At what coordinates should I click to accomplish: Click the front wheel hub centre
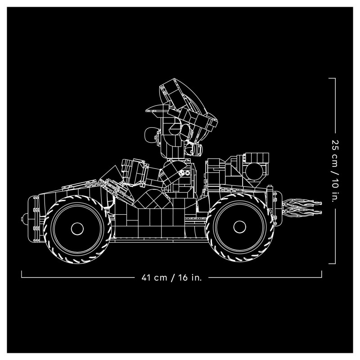[77, 229]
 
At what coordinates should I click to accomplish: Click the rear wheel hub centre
[240, 227]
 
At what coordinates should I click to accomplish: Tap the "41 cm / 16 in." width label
[171, 278]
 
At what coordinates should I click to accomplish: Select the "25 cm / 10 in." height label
[335, 171]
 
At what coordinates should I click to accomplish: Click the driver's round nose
[150, 135]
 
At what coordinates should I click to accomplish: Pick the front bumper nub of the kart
[25, 218]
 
